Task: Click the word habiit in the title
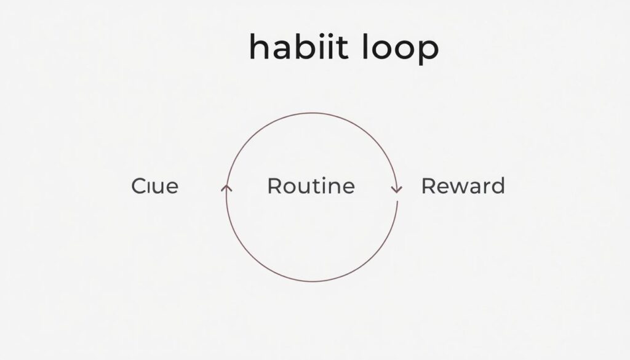tap(298, 47)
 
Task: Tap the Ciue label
tap(154, 186)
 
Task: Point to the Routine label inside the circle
tap(311, 186)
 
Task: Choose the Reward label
tap(463, 186)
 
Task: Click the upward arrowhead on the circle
tap(226, 188)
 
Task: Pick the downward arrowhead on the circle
tap(397, 190)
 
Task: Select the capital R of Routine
tap(275, 186)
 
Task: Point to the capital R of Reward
tap(429, 186)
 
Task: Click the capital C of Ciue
tap(139, 186)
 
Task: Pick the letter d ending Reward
tap(497, 186)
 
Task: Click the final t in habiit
tap(342, 48)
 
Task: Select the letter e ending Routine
tap(348, 188)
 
